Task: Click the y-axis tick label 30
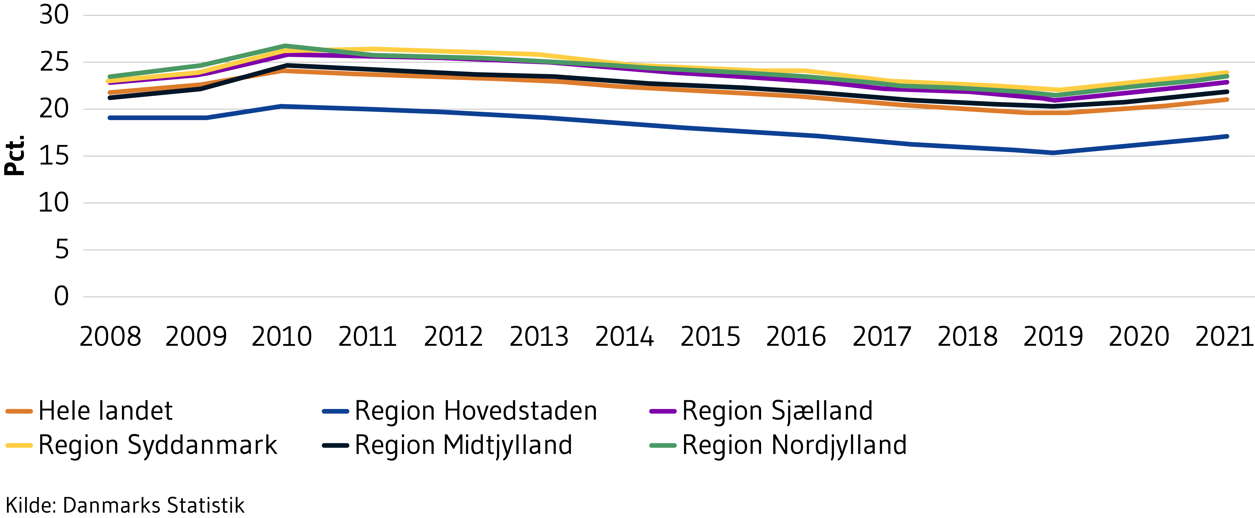[x=54, y=15]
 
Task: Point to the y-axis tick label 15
[x=54, y=156]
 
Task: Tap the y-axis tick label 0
[x=61, y=296]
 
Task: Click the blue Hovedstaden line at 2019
[x=1053, y=153]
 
